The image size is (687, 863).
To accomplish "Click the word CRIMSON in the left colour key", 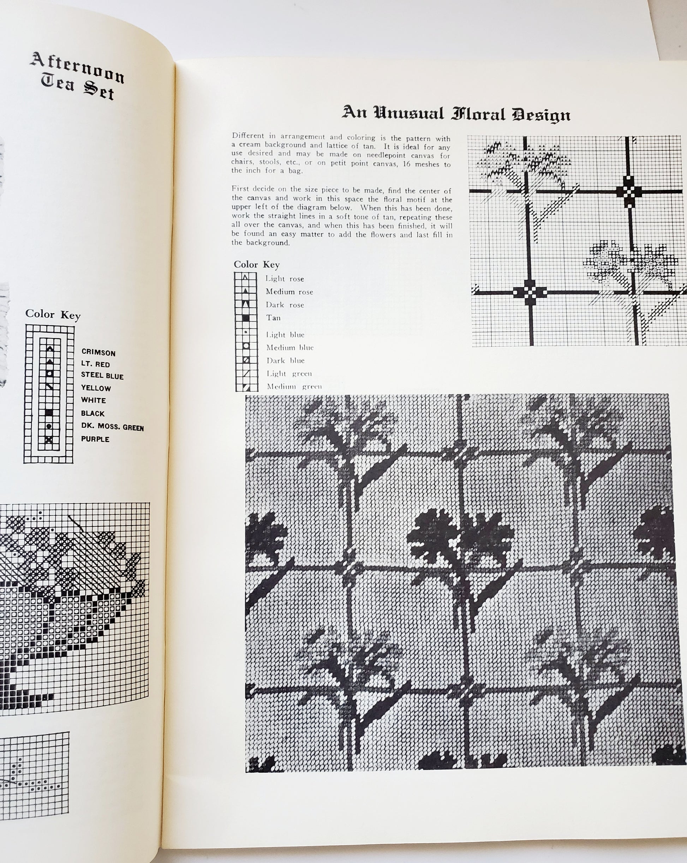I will tap(98, 353).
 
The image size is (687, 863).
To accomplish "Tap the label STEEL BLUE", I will tap(102, 376).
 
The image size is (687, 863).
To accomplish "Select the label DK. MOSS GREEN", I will tap(112, 427).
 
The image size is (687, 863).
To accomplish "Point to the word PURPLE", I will tap(95, 439).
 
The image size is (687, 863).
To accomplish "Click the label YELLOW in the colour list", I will tap(96, 388).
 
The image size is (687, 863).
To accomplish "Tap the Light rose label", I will tap(285, 279).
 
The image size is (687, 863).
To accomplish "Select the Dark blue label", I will tap(286, 361).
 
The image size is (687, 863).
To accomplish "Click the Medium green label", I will tap(294, 386).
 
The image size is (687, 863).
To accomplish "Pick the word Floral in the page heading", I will tap(478, 114).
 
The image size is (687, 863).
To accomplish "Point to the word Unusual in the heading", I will tap(409, 113).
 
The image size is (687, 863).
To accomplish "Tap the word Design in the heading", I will tap(541, 115).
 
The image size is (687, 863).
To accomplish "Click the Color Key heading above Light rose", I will tap(257, 265).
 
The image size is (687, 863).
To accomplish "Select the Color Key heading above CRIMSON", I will tap(53, 314).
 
